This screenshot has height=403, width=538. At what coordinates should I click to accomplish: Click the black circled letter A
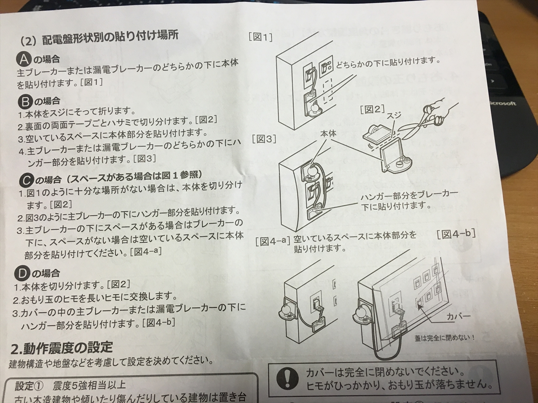coord(24,60)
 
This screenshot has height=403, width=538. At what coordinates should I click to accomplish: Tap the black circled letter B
coord(25,101)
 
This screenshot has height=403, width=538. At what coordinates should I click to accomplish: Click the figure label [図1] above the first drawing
coord(260,38)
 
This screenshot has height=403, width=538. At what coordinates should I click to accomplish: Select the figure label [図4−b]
coord(456,234)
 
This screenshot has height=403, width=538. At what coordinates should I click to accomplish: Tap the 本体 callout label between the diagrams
coord(328,133)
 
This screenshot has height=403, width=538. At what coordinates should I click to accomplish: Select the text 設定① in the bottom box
coord(29,386)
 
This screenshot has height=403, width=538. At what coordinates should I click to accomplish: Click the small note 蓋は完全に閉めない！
coord(444,338)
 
